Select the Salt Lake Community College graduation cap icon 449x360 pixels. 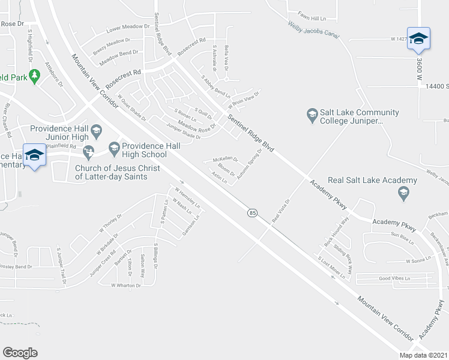312,114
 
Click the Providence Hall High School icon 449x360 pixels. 114,147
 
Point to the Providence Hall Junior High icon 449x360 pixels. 96,130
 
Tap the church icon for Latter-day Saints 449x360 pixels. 89,151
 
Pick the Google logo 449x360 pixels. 20,352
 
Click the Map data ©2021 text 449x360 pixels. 422,355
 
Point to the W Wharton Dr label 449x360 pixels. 125,286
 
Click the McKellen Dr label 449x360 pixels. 225,160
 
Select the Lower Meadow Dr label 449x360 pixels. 127,28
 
